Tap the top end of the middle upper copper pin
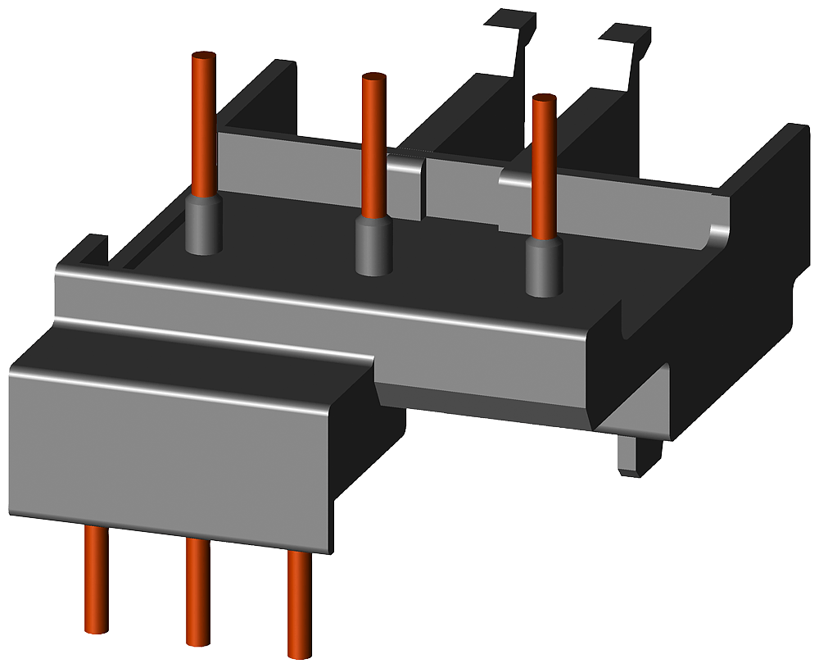[373, 79]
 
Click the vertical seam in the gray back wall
[424, 189]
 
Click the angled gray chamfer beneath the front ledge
[483, 402]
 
